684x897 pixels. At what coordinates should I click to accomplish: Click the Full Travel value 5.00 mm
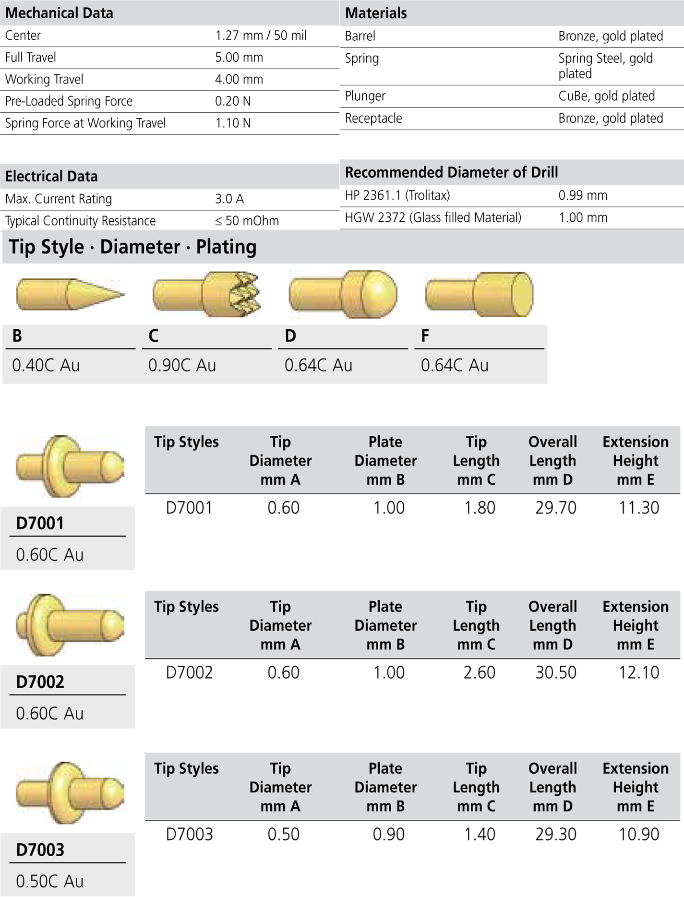(x=239, y=58)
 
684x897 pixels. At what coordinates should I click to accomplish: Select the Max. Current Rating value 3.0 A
(x=229, y=199)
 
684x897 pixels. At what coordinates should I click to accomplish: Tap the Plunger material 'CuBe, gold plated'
(x=606, y=96)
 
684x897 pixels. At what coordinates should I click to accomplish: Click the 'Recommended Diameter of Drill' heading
(x=451, y=172)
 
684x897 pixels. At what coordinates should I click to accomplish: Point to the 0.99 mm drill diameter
(x=582, y=195)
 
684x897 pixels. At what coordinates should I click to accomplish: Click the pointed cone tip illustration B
(x=70, y=294)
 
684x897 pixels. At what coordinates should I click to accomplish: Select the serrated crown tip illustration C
(x=207, y=294)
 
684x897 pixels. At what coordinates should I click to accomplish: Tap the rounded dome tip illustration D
(x=343, y=294)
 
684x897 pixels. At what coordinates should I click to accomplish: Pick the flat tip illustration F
(x=479, y=294)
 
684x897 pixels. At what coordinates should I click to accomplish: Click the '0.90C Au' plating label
(x=182, y=365)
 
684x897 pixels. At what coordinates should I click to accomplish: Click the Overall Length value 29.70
(x=555, y=507)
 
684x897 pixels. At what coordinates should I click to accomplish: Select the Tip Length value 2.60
(x=479, y=672)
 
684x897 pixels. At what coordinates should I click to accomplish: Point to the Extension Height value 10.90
(x=638, y=834)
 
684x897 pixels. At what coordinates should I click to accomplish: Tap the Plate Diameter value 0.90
(x=388, y=834)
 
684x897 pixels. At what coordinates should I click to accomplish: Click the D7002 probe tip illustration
(x=70, y=625)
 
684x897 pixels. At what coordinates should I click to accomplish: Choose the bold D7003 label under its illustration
(x=40, y=849)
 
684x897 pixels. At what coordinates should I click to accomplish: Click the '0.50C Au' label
(x=49, y=881)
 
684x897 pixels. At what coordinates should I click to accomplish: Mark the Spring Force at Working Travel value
(x=233, y=123)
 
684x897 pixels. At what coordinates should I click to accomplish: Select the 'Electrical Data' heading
(x=51, y=176)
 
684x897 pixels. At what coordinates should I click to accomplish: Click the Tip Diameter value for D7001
(x=283, y=507)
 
